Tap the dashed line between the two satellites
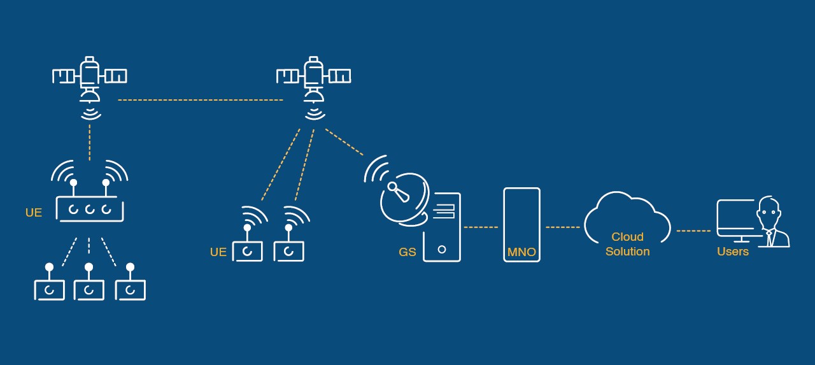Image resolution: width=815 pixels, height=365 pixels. click(200, 100)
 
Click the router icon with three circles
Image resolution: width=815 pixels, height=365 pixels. click(90, 208)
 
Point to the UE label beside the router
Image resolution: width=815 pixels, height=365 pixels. click(34, 213)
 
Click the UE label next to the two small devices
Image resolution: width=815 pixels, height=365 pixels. click(218, 252)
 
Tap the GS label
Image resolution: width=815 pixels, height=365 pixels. click(407, 252)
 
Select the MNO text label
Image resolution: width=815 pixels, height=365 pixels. click(521, 252)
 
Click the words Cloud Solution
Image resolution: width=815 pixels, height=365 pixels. click(627, 244)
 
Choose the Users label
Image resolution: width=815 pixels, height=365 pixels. click(733, 252)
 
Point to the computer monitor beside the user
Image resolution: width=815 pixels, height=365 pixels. click(736, 218)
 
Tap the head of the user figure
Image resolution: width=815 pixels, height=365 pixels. click(769, 212)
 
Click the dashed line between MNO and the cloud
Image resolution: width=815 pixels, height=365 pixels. click(562, 227)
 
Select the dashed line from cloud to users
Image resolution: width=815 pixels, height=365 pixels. click(693, 231)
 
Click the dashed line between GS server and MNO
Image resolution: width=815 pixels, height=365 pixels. click(481, 227)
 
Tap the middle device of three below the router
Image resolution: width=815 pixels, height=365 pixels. click(89, 289)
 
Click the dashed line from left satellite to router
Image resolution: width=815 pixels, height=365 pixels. click(90, 142)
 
